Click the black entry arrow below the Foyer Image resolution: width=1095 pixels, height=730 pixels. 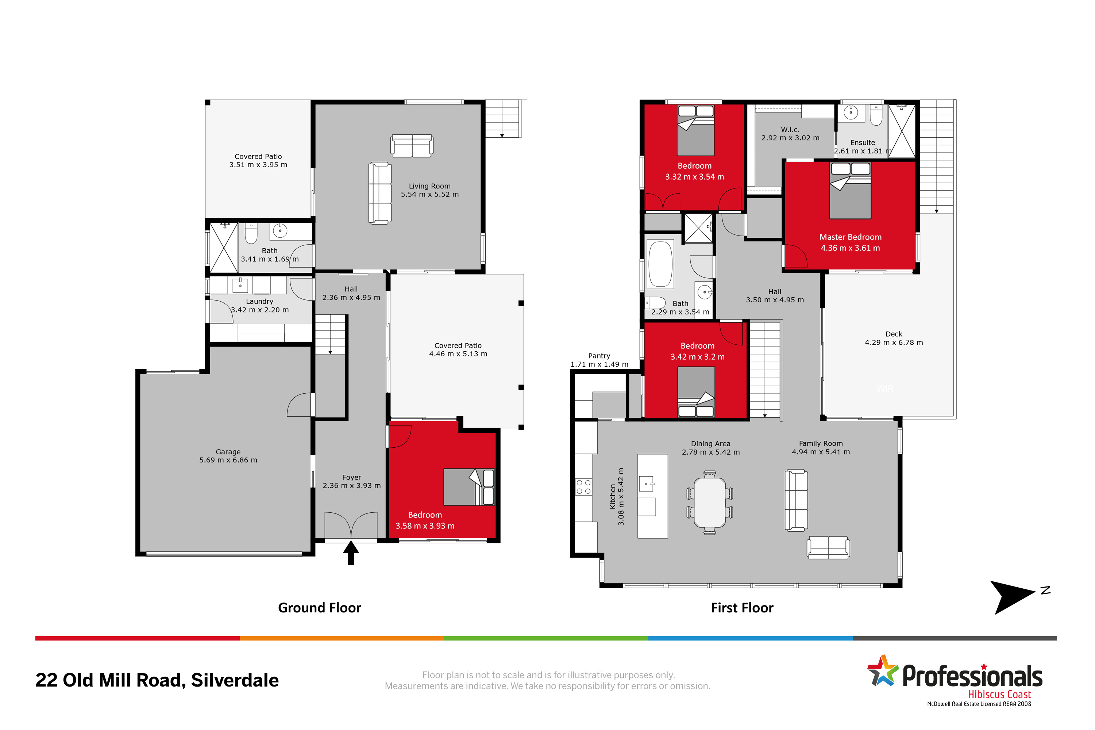tap(351, 552)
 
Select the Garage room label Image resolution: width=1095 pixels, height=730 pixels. tap(228, 452)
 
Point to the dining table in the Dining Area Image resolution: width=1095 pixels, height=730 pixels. tap(709, 502)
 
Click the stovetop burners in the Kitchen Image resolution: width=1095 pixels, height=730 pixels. tap(583, 487)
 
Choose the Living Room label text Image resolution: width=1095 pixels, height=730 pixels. tap(429, 186)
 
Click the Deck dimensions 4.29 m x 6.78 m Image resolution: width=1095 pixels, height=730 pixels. tap(894, 343)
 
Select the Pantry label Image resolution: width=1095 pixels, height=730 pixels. tap(599, 356)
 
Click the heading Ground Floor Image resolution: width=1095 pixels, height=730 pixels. tap(319, 608)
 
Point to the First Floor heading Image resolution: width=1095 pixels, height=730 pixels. tap(742, 608)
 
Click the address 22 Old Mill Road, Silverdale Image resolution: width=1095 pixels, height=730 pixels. tap(157, 680)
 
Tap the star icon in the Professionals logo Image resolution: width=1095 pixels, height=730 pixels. tap(882, 671)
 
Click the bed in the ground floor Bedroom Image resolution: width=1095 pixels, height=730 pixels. tap(469, 487)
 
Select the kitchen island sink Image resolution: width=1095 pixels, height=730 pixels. tap(647, 484)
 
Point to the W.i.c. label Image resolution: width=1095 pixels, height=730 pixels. tap(790, 130)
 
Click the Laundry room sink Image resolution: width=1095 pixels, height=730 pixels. tap(240, 284)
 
